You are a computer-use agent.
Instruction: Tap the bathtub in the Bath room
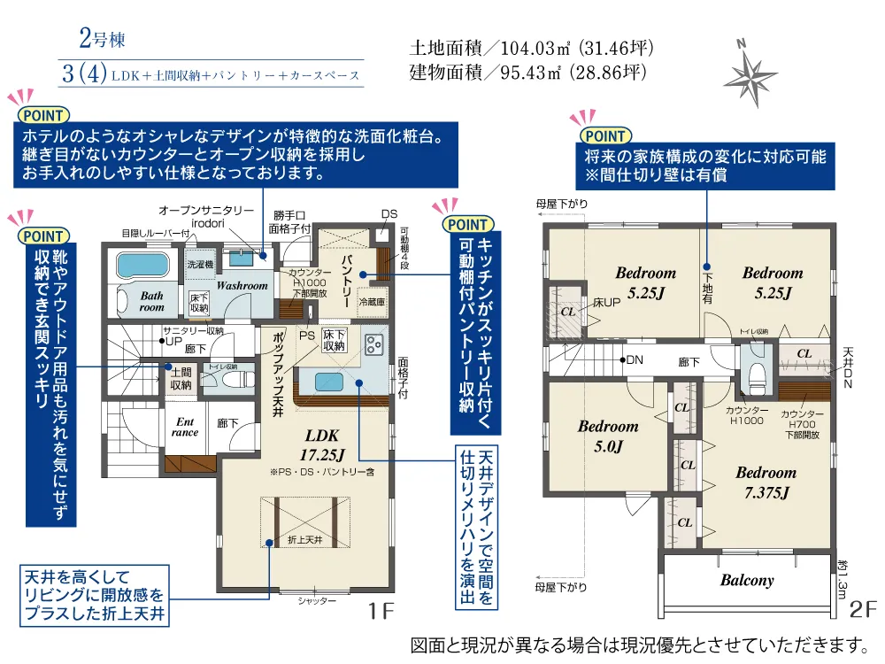coord(142,265)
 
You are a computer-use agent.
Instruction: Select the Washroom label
coord(242,286)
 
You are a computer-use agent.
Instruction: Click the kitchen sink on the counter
coord(329,382)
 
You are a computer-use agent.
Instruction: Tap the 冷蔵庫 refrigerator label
coord(371,302)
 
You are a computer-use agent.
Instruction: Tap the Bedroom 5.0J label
coord(608,436)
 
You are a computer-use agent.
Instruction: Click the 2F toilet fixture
coord(757,375)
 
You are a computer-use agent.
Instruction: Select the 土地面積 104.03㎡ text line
coord(531,48)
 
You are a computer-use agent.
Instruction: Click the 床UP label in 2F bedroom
coord(607,303)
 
